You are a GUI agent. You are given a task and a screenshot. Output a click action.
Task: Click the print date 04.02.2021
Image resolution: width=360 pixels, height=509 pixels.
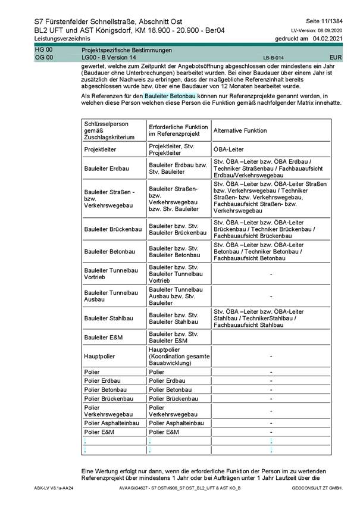pos(330,38)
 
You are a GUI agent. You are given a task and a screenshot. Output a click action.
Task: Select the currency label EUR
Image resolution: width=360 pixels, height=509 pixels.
pos(335,57)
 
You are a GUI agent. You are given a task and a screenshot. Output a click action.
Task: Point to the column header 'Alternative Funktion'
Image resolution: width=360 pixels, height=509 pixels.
pos(240,130)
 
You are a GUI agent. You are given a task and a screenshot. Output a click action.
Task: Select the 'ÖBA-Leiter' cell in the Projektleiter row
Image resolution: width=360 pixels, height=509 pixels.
pos(228,149)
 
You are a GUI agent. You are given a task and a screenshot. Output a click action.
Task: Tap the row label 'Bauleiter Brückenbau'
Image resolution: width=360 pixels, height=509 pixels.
pos(113,229)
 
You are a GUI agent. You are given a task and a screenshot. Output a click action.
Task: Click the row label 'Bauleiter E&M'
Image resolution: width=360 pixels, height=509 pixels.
pos(104,338)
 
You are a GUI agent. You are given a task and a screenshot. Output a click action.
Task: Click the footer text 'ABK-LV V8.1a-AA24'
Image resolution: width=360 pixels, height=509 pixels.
pos(54,488)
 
